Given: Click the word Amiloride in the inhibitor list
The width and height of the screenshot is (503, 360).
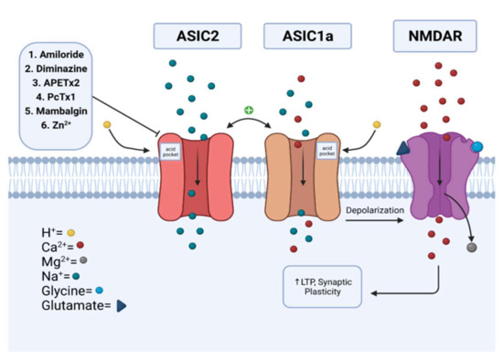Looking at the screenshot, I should (x=63, y=56).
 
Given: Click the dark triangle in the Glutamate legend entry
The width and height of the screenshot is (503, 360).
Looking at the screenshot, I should (x=121, y=306).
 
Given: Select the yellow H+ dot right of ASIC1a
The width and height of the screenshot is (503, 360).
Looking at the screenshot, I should (x=377, y=122).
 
